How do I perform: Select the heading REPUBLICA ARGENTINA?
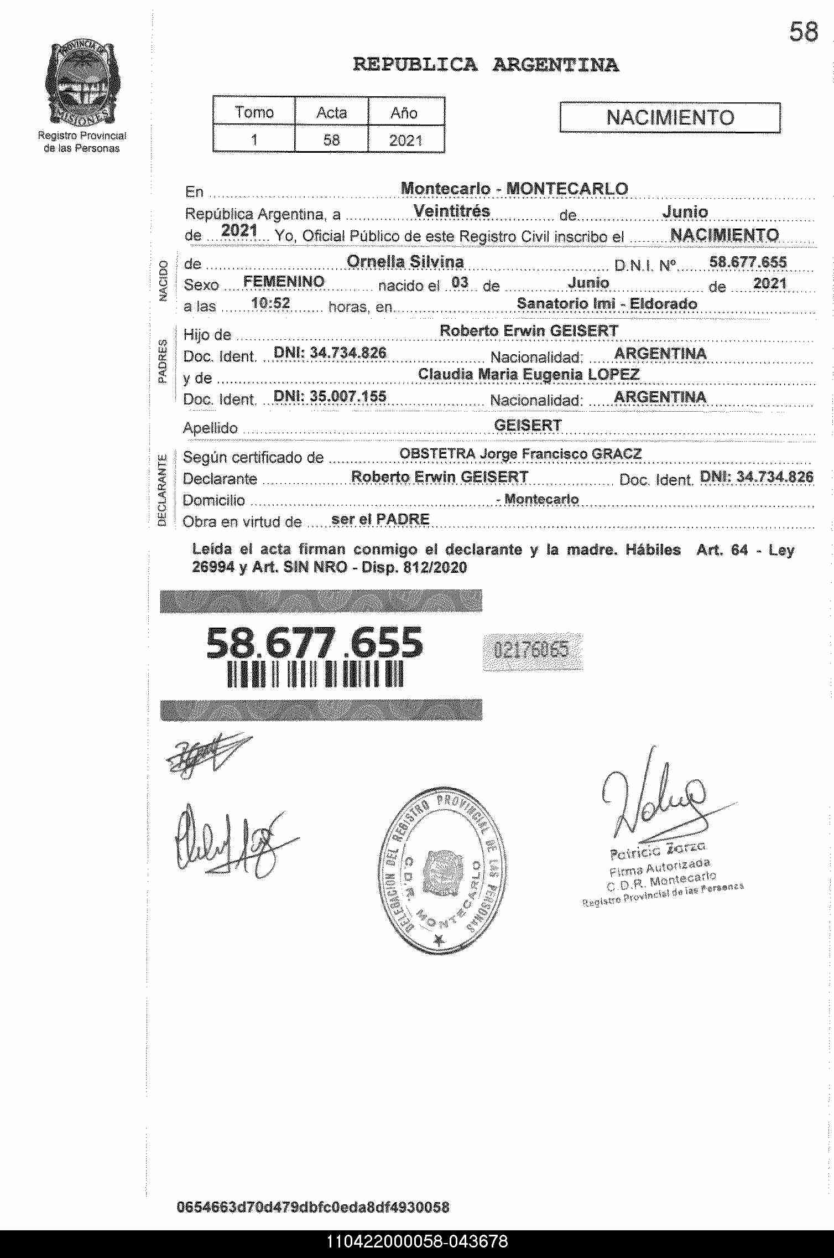tap(486, 65)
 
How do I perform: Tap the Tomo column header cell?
tap(254, 112)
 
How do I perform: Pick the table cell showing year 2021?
tap(405, 140)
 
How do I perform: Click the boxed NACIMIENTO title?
tap(670, 118)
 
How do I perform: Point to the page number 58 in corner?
tap(803, 32)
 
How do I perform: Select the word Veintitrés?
tap(451, 211)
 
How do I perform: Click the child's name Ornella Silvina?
tap(405, 262)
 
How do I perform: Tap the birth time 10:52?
tap(270, 303)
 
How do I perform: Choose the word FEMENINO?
tap(284, 282)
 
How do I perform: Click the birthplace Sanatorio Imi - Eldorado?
tap(607, 304)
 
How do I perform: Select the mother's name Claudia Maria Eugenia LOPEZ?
tap(528, 375)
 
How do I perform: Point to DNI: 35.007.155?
tap(330, 396)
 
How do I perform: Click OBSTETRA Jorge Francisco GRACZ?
tap(520, 454)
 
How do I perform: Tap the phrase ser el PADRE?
tap(380, 519)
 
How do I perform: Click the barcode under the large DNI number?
tap(315, 675)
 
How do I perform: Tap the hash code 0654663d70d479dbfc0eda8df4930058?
tap(312, 1207)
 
